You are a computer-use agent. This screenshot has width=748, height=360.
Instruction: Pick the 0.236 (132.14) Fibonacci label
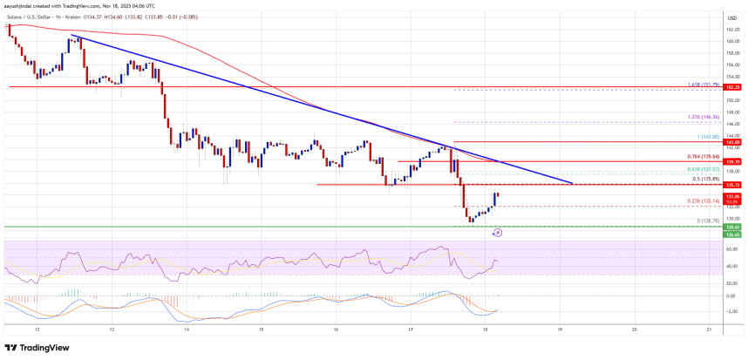click(702, 201)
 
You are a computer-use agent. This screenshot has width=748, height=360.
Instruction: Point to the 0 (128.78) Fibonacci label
click(703, 221)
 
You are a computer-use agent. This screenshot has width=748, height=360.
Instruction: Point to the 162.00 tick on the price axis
click(730, 30)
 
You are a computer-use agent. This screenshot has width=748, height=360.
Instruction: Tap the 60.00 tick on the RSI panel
click(730, 248)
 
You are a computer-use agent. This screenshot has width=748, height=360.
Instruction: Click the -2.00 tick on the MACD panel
click(730, 310)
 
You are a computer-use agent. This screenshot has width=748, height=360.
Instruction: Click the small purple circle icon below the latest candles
click(497, 233)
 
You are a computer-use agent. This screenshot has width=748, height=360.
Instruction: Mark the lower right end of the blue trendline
click(572, 184)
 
